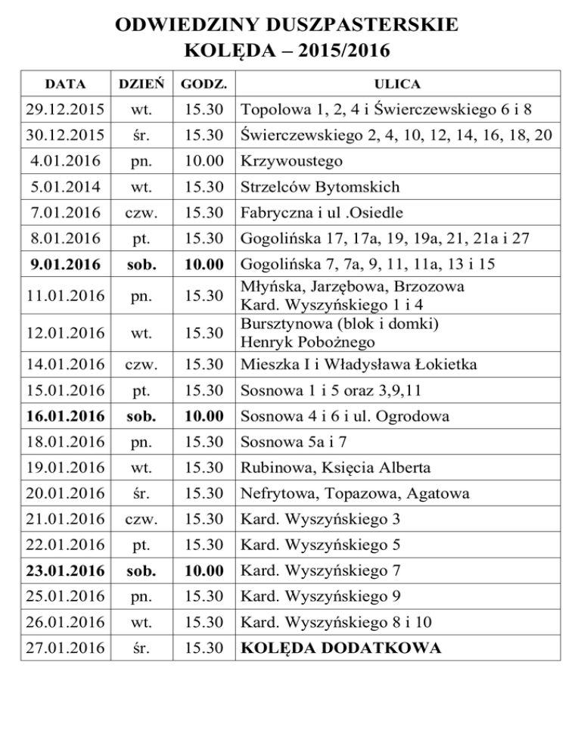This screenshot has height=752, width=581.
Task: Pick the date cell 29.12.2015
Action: point(60,110)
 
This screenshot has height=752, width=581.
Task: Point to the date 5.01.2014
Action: point(60,187)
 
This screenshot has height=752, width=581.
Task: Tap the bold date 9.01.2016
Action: point(60,264)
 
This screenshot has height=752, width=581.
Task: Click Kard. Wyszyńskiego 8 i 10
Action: point(329,623)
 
